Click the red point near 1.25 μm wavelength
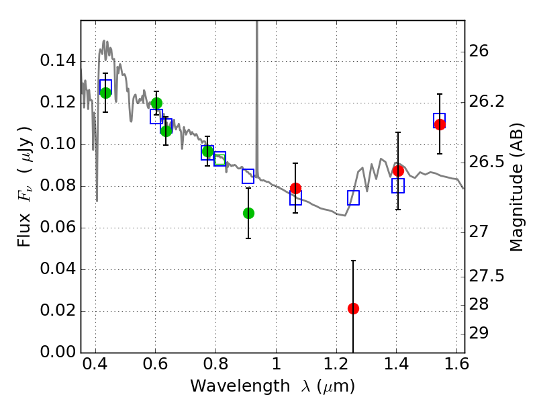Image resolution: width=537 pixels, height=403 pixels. pyautogui.click(x=353, y=308)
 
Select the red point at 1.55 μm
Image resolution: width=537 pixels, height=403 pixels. pyautogui.click(x=440, y=124)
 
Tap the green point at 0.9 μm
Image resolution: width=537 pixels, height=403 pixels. pyautogui.click(x=248, y=213)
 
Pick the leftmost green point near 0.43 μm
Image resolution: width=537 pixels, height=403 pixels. pyautogui.click(x=105, y=93)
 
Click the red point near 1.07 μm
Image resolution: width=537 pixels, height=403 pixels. pyautogui.click(x=295, y=188)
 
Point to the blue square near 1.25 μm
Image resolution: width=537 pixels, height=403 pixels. pyautogui.click(x=353, y=197)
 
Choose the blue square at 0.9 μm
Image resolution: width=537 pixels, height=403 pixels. pyautogui.click(x=248, y=176)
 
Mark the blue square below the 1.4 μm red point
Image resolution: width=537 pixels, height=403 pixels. pyautogui.click(x=398, y=185)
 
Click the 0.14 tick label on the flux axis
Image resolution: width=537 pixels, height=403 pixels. pyautogui.click(x=58, y=61)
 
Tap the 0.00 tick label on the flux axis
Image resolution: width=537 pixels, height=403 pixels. pyautogui.click(x=58, y=352)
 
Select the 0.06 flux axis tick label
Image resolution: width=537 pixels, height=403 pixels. pyautogui.click(x=58, y=227)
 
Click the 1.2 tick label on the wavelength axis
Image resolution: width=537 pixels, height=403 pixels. pyautogui.click(x=336, y=364)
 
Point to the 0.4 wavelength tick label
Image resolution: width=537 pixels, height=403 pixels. pyautogui.click(x=95, y=364)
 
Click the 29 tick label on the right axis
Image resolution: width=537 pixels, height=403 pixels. pyautogui.click(x=479, y=332)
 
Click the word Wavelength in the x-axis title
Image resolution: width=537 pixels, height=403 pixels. pyautogui.click(x=240, y=386)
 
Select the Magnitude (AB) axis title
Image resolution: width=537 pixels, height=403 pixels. pyautogui.click(x=516, y=187)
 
